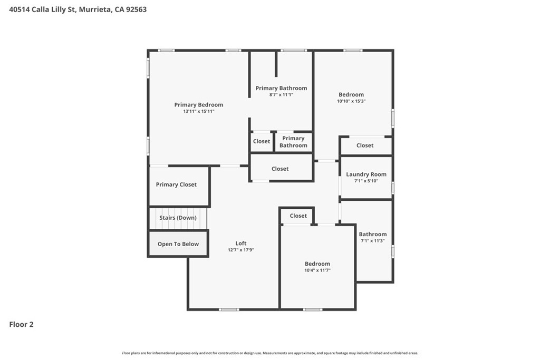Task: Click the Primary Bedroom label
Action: (199, 105)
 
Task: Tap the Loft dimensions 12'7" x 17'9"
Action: (240, 250)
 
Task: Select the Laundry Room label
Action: (366, 174)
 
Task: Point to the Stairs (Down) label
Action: (178, 218)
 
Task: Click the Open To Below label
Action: (178, 244)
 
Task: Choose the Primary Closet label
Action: (176, 184)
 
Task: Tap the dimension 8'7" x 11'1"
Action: (281, 95)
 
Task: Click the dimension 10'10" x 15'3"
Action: (351, 101)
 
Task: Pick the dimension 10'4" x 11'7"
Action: (317, 270)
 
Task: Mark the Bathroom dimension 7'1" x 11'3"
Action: (373, 241)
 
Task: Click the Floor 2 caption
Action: (21, 325)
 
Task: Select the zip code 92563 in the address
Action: (137, 9)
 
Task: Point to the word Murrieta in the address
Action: (95, 9)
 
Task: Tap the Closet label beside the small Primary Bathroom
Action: (262, 141)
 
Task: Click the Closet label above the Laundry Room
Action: (365, 145)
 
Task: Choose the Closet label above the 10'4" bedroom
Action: (298, 216)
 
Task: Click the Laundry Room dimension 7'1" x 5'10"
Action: (366, 181)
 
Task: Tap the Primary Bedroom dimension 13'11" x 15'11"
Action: (199, 112)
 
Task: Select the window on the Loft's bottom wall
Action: (229, 310)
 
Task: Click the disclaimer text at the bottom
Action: (271, 353)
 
